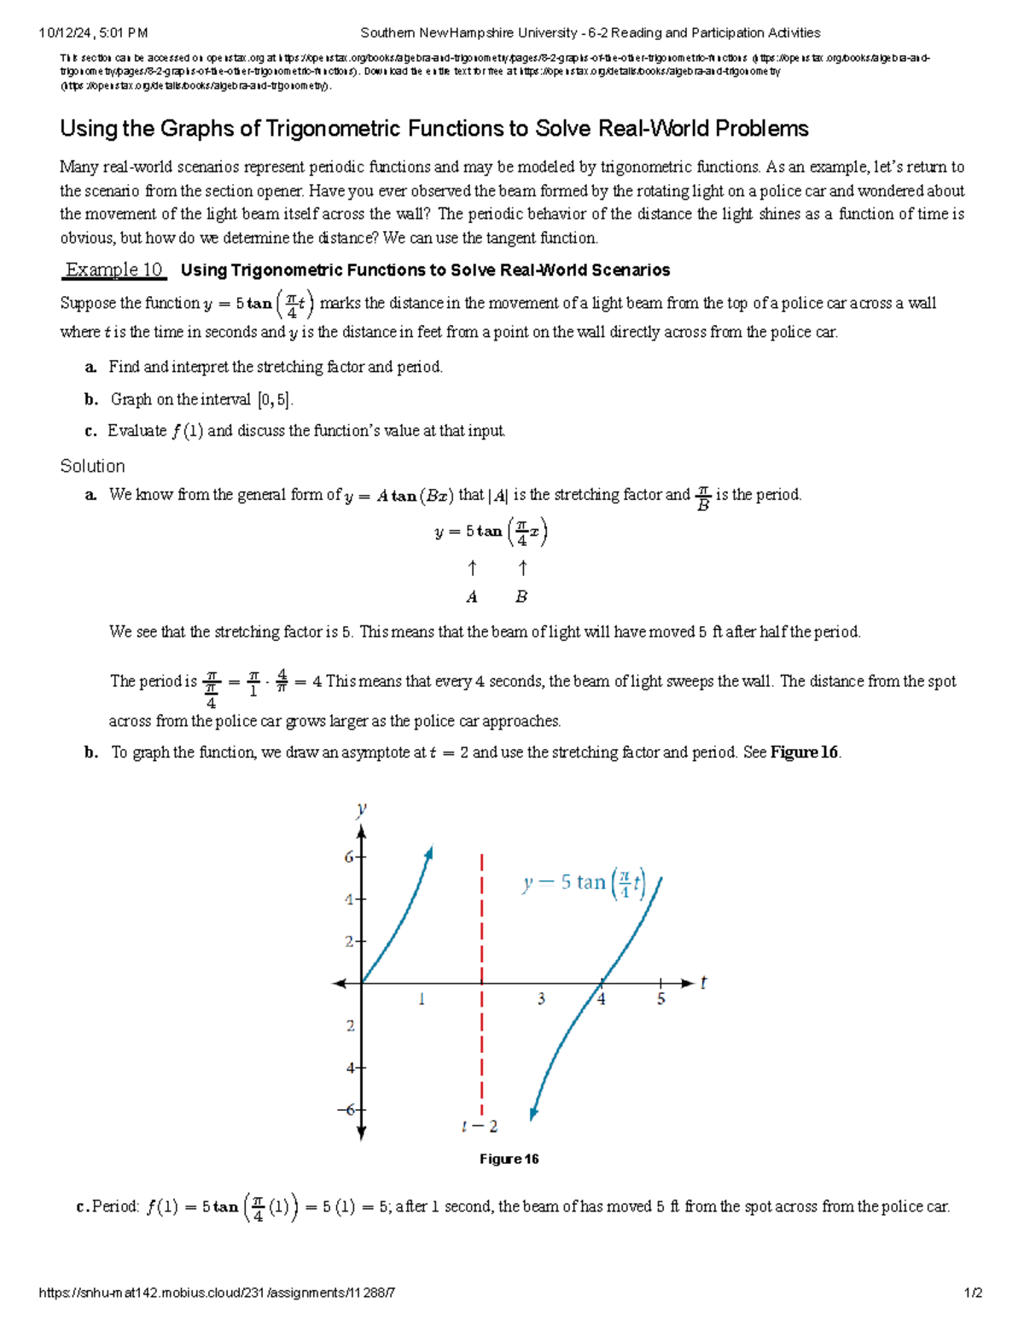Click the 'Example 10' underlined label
114,270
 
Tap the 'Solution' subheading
92,466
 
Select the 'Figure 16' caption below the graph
509,1159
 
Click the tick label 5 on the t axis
660,998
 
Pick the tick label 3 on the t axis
541,998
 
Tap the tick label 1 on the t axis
422,998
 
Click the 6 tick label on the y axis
349,857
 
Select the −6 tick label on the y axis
346,1109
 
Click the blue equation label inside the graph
584,883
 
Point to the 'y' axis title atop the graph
362,808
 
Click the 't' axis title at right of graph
703,983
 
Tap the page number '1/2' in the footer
973,1293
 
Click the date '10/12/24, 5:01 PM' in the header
93,33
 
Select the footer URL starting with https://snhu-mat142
217,1293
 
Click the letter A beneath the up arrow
472,597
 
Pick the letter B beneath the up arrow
521,597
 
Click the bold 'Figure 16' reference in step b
804,753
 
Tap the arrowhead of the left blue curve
429,851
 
